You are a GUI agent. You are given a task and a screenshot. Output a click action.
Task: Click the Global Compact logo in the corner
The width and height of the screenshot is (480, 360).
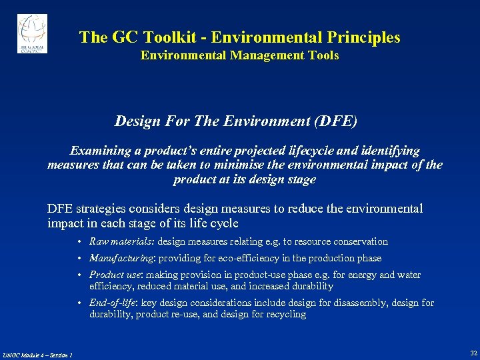(x=32, y=33)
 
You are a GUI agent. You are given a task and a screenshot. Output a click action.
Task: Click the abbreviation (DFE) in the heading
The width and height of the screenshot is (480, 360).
(x=333, y=121)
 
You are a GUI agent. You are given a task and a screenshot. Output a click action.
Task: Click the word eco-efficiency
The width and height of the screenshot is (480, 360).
(x=251, y=258)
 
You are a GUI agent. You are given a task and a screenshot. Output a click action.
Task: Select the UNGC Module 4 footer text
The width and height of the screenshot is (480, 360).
(x=37, y=355)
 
